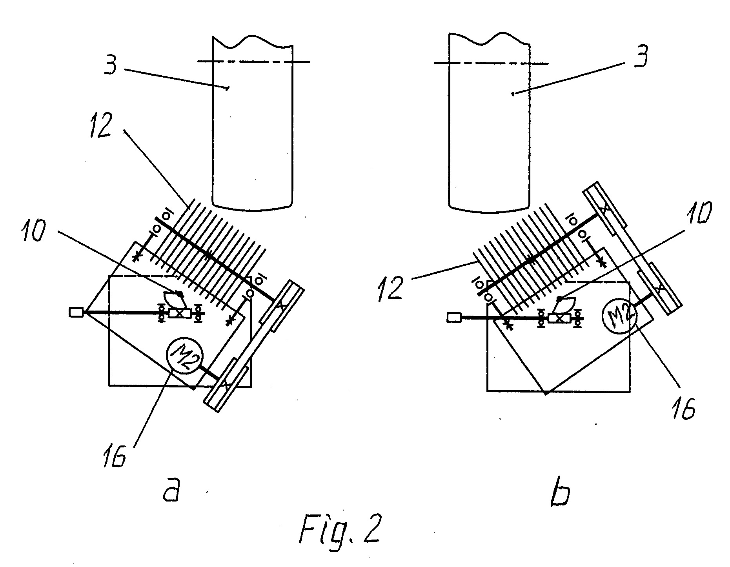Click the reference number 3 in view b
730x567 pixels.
639,56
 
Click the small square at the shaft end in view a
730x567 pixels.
76,312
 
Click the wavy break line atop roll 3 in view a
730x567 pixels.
253,41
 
